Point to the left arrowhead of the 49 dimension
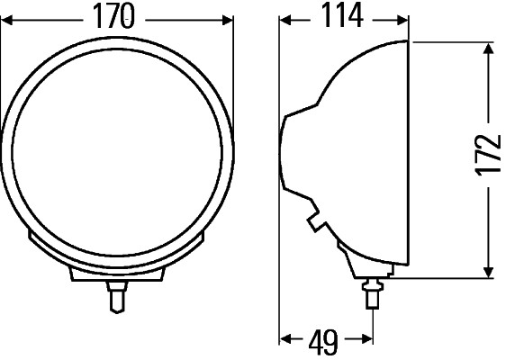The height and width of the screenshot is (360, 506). tap(285, 340)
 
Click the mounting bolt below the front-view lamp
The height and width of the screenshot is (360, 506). tap(116, 296)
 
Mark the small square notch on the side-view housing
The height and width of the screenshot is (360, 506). tap(313, 220)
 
